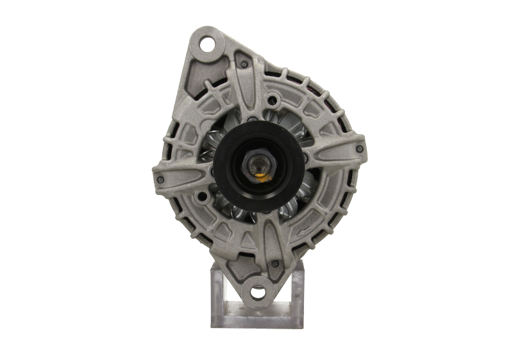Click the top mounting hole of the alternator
click(208, 47)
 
